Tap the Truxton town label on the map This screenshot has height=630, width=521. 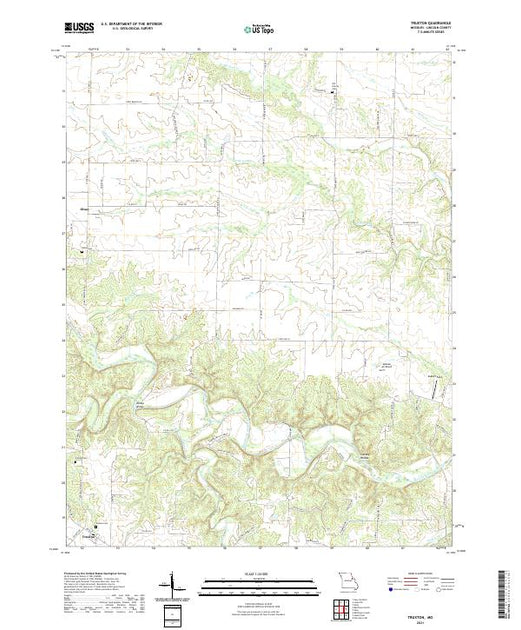[x=96, y=534]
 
